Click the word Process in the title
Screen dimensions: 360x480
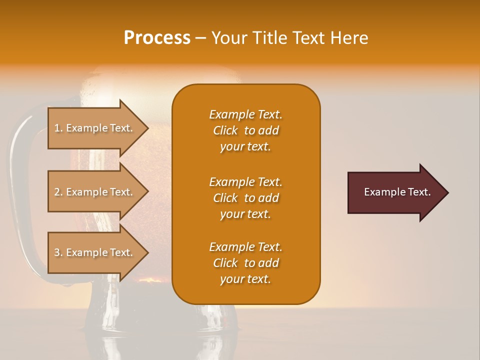[x=157, y=38]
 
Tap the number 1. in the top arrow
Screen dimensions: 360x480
[x=58, y=128]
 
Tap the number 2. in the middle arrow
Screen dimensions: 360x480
[x=58, y=192]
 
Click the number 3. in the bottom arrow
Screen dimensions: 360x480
[x=58, y=252]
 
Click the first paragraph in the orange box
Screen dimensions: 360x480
[x=245, y=130]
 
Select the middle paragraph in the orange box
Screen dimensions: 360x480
[x=245, y=198]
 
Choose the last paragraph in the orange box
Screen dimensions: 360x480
[x=245, y=263]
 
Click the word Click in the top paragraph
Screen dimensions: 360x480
[x=225, y=130]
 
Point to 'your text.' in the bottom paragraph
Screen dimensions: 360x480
[x=245, y=279]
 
